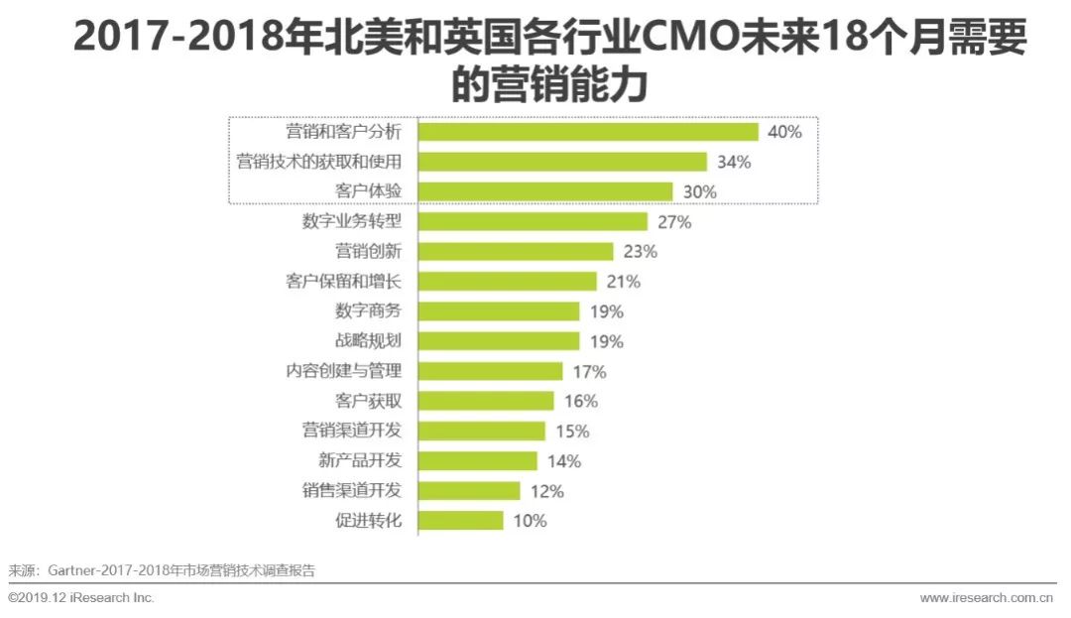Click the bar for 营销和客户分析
588,132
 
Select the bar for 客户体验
545,191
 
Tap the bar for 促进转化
460,521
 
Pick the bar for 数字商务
499,311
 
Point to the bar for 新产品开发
477,461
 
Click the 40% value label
784,132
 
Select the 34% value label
734,162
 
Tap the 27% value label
674,222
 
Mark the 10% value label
530,521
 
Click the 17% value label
589,371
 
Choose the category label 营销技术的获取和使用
319,162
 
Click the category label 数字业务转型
352,221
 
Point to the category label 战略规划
368,341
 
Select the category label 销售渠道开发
352,490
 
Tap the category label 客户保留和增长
343,281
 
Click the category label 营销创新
368,251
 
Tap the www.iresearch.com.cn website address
987,598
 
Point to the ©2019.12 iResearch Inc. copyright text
80,597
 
